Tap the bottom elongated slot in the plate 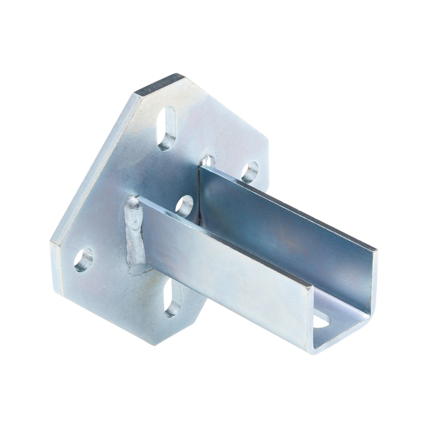click(172, 297)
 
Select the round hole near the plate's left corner click(83, 259)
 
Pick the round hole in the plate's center click(184, 206)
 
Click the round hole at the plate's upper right click(249, 172)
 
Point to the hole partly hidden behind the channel click(208, 160)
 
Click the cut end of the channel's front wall click(310, 316)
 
